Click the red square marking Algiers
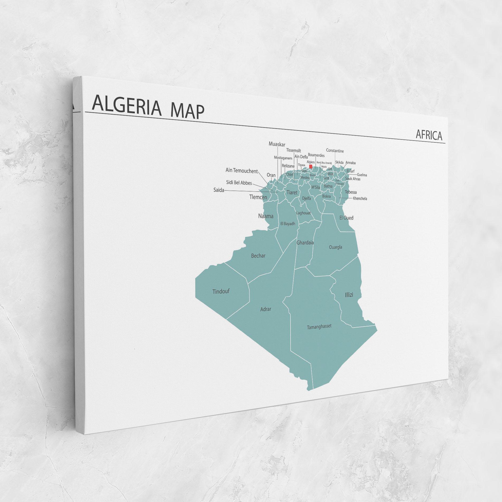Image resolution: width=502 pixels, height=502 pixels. [311, 166]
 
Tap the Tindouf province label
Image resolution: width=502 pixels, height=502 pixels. [221, 291]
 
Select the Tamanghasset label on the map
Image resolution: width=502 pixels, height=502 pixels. [319, 327]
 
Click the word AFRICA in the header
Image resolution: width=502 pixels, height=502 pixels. [429, 135]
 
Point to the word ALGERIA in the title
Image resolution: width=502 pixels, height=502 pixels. [127, 106]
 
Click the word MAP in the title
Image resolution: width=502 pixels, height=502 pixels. [187, 111]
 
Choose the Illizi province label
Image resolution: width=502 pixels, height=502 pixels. [349, 295]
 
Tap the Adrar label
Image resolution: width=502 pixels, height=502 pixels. [266, 309]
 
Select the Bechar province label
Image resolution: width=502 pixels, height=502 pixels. [258, 255]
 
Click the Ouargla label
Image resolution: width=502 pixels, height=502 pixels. [335, 247]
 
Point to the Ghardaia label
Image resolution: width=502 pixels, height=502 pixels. [305, 242]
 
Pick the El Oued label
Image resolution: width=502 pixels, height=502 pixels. [346, 218]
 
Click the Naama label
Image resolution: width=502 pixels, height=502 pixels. [266, 216]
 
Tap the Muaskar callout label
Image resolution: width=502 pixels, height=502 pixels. [277, 144]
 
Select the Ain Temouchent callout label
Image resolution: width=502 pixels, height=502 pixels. [241, 171]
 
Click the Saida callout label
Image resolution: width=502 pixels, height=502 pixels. [219, 190]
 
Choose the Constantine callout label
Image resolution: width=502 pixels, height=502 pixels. [335, 151]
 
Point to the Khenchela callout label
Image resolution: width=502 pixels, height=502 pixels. [360, 198]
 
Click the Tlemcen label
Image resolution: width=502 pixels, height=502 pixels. [258, 197]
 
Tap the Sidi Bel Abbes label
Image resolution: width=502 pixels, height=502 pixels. [239, 183]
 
